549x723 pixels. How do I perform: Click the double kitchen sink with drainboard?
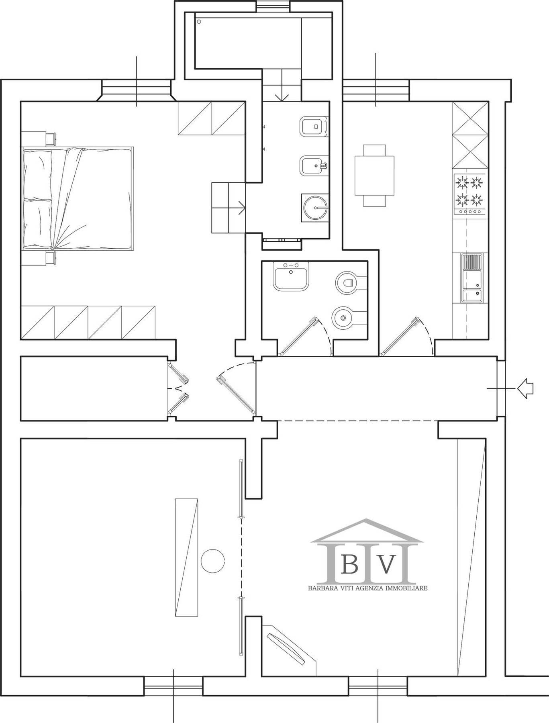coord(472,278)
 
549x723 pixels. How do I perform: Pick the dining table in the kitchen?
coord(374,176)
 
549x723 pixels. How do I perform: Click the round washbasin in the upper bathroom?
coord(315,208)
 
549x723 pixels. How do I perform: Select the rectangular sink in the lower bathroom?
coord(291,276)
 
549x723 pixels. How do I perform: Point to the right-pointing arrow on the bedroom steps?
coord(242,208)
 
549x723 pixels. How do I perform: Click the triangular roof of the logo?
coord(366,531)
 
